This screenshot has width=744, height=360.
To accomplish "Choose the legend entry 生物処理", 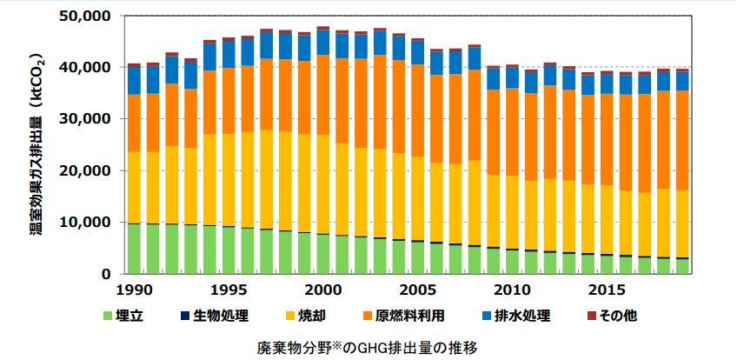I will coord(221,315).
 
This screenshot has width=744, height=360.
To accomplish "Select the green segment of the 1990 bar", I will coord(135,249).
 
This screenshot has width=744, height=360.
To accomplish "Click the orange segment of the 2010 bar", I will coord(512,132).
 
